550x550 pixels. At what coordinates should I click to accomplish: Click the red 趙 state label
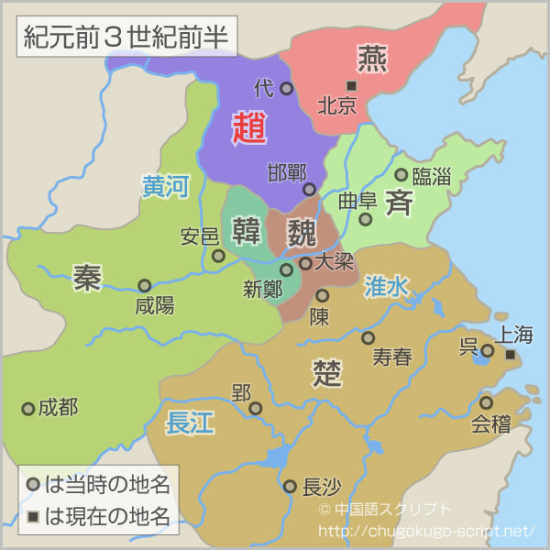click(x=248, y=128)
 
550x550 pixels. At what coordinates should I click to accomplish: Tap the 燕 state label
click(x=372, y=58)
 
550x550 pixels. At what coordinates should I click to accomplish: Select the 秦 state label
click(x=87, y=277)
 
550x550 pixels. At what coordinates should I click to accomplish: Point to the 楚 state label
click(x=327, y=372)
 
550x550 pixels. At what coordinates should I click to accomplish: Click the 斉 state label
click(x=399, y=202)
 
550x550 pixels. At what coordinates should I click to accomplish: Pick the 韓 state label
click(x=247, y=230)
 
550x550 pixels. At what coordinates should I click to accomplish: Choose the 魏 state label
click(x=301, y=231)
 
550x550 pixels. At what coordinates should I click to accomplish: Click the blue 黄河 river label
click(x=165, y=187)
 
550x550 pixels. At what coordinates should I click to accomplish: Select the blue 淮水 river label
click(x=386, y=286)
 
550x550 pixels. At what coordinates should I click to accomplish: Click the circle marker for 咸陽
click(x=144, y=285)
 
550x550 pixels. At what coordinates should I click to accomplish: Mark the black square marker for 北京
click(x=350, y=86)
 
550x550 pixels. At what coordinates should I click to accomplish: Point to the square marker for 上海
click(x=511, y=354)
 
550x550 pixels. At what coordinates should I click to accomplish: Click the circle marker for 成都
click(x=28, y=408)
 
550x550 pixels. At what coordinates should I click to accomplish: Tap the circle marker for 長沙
click(x=290, y=486)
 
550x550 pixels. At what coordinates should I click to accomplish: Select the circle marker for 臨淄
click(x=401, y=174)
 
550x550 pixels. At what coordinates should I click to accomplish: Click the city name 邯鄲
click(x=286, y=172)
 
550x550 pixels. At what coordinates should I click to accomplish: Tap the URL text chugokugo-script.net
click(x=425, y=531)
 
